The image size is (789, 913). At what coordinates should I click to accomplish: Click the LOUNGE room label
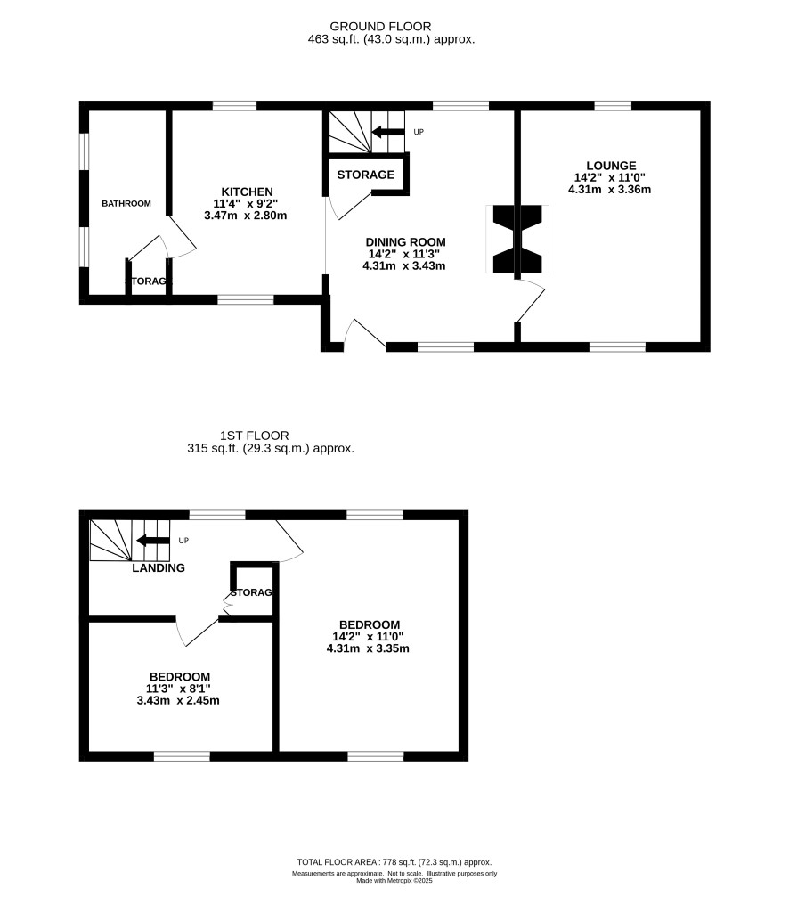click(611, 166)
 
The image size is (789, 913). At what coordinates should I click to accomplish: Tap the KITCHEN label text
click(247, 192)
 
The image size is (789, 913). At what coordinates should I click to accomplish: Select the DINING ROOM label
click(405, 241)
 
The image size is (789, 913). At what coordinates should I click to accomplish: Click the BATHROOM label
click(126, 203)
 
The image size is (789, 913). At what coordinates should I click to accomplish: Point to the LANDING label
click(159, 567)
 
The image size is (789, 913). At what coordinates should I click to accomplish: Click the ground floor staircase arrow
click(387, 132)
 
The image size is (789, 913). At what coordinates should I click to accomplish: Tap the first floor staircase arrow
click(152, 541)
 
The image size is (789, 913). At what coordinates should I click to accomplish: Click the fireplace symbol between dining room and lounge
click(517, 239)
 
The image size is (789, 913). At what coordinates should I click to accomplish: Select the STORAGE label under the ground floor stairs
click(366, 175)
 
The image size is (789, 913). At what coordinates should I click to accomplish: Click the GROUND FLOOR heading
click(380, 26)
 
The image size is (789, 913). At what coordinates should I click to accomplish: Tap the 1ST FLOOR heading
click(255, 436)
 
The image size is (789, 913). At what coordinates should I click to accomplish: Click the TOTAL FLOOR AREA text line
click(394, 862)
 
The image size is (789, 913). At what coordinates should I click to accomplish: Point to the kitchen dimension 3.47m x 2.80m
click(246, 216)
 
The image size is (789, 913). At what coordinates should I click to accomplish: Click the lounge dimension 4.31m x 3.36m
click(610, 189)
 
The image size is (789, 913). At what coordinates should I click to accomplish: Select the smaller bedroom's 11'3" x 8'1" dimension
click(178, 689)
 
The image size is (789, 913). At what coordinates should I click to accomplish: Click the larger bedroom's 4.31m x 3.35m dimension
click(368, 648)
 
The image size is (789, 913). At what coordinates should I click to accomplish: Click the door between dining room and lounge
click(531, 300)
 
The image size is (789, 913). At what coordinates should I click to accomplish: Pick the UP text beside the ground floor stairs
click(419, 132)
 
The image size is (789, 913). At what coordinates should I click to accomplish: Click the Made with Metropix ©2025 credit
click(394, 881)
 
